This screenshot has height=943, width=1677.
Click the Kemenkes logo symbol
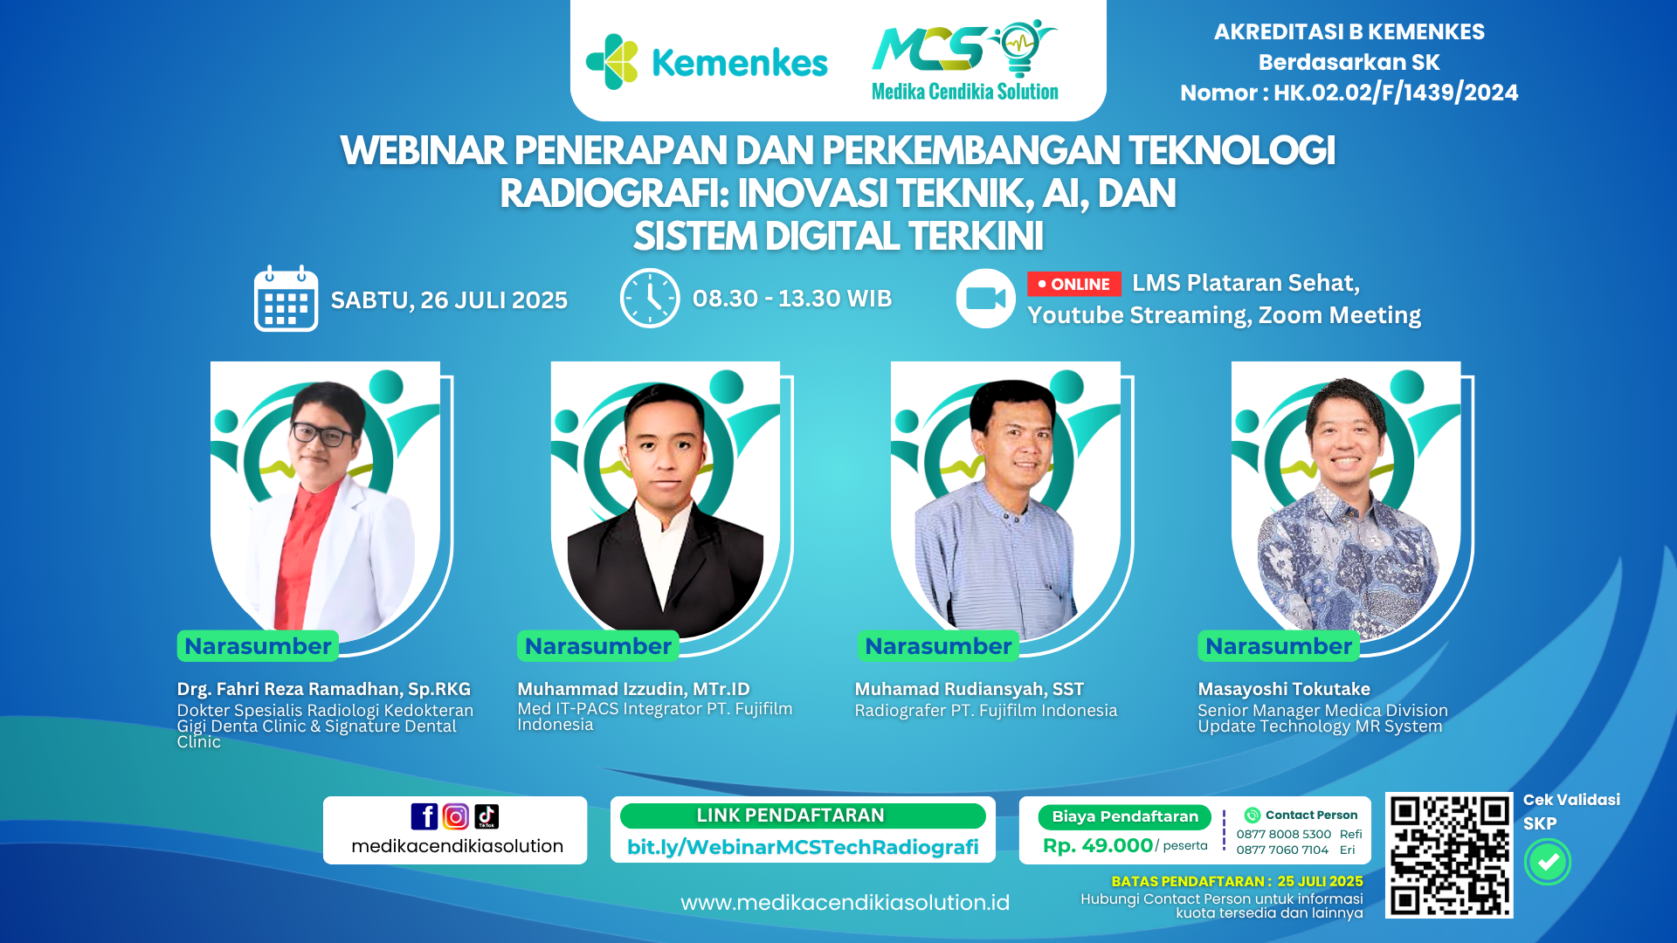coord(612,62)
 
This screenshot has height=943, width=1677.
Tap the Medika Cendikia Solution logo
coord(965,60)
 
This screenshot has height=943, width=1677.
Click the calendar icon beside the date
coord(286,299)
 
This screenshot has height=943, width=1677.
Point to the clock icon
coord(650,299)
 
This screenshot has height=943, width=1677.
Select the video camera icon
coord(985,299)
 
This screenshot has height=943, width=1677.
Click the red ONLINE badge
coord(1073,285)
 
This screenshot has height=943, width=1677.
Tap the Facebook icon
coord(424,816)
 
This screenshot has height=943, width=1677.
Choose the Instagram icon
coord(456,816)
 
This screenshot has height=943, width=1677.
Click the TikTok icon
coord(487,816)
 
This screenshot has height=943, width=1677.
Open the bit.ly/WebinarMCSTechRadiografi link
coord(803,847)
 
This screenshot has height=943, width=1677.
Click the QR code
coord(1449,855)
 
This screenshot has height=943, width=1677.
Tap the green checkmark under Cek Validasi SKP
coord(1548,862)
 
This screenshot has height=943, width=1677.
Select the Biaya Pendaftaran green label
coord(1125,817)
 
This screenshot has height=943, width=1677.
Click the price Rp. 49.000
coord(1098,845)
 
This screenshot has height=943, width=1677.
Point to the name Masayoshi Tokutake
coord(1284,689)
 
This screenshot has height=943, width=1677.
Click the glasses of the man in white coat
coord(323,433)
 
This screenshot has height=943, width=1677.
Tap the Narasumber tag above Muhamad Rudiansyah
coord(938,646)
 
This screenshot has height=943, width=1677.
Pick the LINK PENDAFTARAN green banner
coord(803,816)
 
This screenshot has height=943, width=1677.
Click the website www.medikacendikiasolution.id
coord(845,903)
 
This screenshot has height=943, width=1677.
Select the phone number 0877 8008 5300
coord(1283,834)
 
